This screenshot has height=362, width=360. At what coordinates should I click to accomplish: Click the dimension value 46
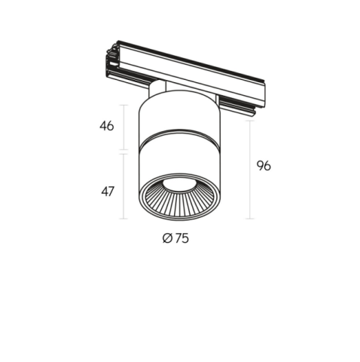click(x=107, y=126)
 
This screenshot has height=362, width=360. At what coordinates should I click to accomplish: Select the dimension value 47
click(x=108, y=192)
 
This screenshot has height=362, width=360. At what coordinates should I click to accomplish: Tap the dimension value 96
click(x=264, y=166)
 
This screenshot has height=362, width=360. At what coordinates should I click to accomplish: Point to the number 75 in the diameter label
click(x=182, y=238)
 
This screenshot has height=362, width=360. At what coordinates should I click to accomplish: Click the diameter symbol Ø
click(x=167, y=238)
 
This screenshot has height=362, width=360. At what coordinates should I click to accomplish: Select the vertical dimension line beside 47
click(x=123, y=186)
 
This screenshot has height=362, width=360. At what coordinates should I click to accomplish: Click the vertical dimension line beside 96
click(x=249, y=170)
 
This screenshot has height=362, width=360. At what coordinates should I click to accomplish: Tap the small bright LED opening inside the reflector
click(x=178, y=186)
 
